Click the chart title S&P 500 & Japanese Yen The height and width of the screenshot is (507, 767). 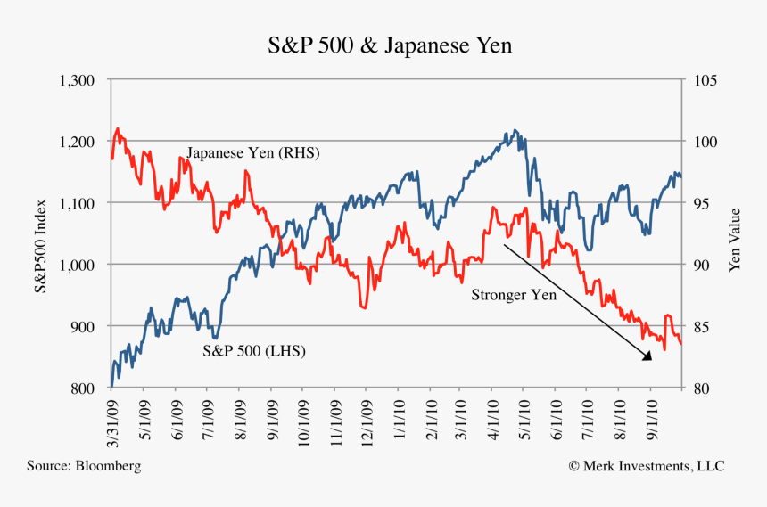tap(390, 45)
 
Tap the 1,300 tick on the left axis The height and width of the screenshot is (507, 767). tap(76, 80)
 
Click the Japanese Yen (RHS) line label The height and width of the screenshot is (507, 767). tap(252, 153)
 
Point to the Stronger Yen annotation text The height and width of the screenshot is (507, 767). tap(514, 294)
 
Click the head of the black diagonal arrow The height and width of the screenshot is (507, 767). tap(649, 357)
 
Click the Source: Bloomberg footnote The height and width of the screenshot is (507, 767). tap(84, 466)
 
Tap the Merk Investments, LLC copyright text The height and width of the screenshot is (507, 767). tap(647, 466)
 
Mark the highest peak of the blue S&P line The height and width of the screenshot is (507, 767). tap(515, 130)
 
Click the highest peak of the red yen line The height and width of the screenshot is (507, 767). tap(118, 128)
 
